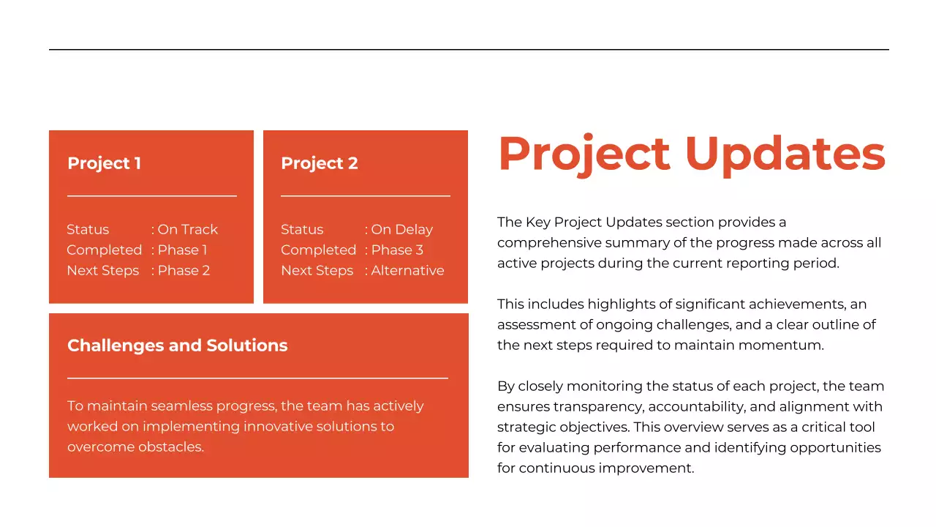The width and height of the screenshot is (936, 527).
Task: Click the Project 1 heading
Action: [104, 163]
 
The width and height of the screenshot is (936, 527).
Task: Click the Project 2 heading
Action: [320, 163]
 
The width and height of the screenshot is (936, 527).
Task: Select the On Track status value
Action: [188, 230]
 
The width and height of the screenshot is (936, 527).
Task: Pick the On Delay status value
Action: [402, 230]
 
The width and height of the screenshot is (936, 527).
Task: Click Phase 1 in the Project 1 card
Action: [183, 250]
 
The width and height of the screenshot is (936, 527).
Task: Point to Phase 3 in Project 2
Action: [397, 250]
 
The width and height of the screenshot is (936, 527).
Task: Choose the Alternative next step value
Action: [407, 271]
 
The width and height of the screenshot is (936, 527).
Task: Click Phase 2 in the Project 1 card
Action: [184, 271]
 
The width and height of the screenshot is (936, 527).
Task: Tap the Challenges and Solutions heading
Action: [178, 345]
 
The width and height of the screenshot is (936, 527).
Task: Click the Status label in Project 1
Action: [88, 230]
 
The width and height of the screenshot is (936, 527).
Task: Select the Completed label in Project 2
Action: [318, 250]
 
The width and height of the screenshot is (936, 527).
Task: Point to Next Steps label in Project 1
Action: [103, 271]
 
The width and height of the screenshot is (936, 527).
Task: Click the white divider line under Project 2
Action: [366, 196]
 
